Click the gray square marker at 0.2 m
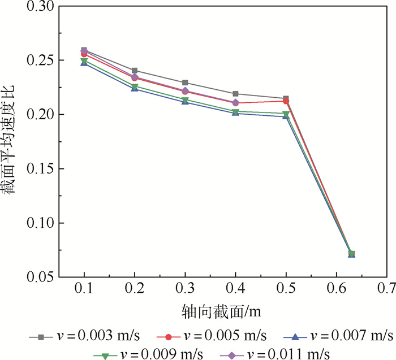[135, 71]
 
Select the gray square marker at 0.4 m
[235, 94]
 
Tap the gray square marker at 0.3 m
[185, 83]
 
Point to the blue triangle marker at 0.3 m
[185, 102]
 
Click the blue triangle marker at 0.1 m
[84, 63]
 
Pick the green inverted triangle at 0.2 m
[135, 86]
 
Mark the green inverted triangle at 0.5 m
[286, 114]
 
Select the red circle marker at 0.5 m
[286, 101]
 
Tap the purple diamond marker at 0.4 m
[235, 103]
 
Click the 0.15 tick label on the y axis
[38, 169]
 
